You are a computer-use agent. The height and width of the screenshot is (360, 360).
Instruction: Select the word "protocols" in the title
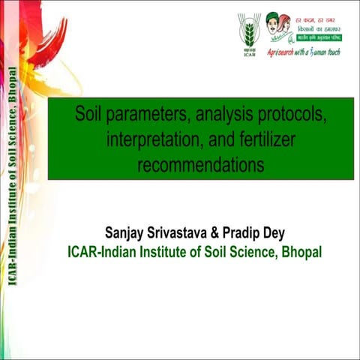coord(295,117)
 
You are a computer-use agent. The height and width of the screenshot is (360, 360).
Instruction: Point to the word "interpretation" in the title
coord(154,140)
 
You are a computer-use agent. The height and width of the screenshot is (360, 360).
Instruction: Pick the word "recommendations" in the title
coord(200,164)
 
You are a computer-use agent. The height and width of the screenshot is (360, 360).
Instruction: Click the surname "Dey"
coord(283,231)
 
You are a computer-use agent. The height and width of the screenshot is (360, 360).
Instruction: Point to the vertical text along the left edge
coord(14,180)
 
